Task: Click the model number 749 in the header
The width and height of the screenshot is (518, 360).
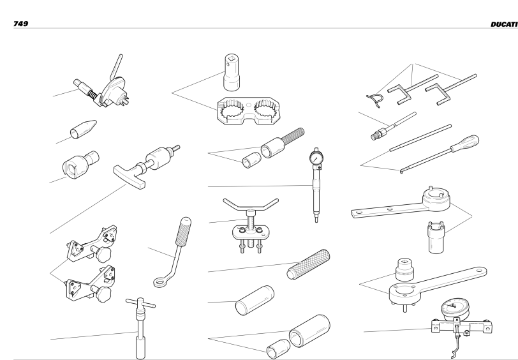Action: [20, 24]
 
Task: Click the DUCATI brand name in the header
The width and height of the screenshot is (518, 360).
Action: [504, 24]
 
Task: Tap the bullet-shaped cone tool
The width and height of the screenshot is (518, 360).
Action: [83, 130]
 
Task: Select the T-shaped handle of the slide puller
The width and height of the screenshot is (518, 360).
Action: [129, 177]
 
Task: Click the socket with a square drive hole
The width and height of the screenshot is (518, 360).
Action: [231, 72]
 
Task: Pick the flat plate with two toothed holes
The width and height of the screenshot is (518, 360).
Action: [248, 111]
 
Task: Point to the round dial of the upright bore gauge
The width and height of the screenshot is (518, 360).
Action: [316, 158]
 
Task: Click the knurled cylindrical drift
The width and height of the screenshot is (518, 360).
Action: [308, 264]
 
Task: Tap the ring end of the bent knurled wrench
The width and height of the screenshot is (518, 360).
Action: [160, 282]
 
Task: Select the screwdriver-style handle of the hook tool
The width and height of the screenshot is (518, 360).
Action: [465, 143]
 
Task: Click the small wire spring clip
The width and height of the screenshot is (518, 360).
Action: [375, 100]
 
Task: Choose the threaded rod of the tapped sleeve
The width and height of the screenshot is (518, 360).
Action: [293, 135]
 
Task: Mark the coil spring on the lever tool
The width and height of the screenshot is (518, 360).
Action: [93, 96]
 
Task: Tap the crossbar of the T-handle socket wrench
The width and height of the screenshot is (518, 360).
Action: [140, 303]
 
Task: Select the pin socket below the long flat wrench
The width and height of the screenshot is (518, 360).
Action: [436, 237]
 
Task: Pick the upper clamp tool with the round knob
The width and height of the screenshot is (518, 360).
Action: [92, 244]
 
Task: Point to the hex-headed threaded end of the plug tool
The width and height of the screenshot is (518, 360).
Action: [378, 134]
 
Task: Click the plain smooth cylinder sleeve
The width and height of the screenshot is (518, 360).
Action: [255, 301]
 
